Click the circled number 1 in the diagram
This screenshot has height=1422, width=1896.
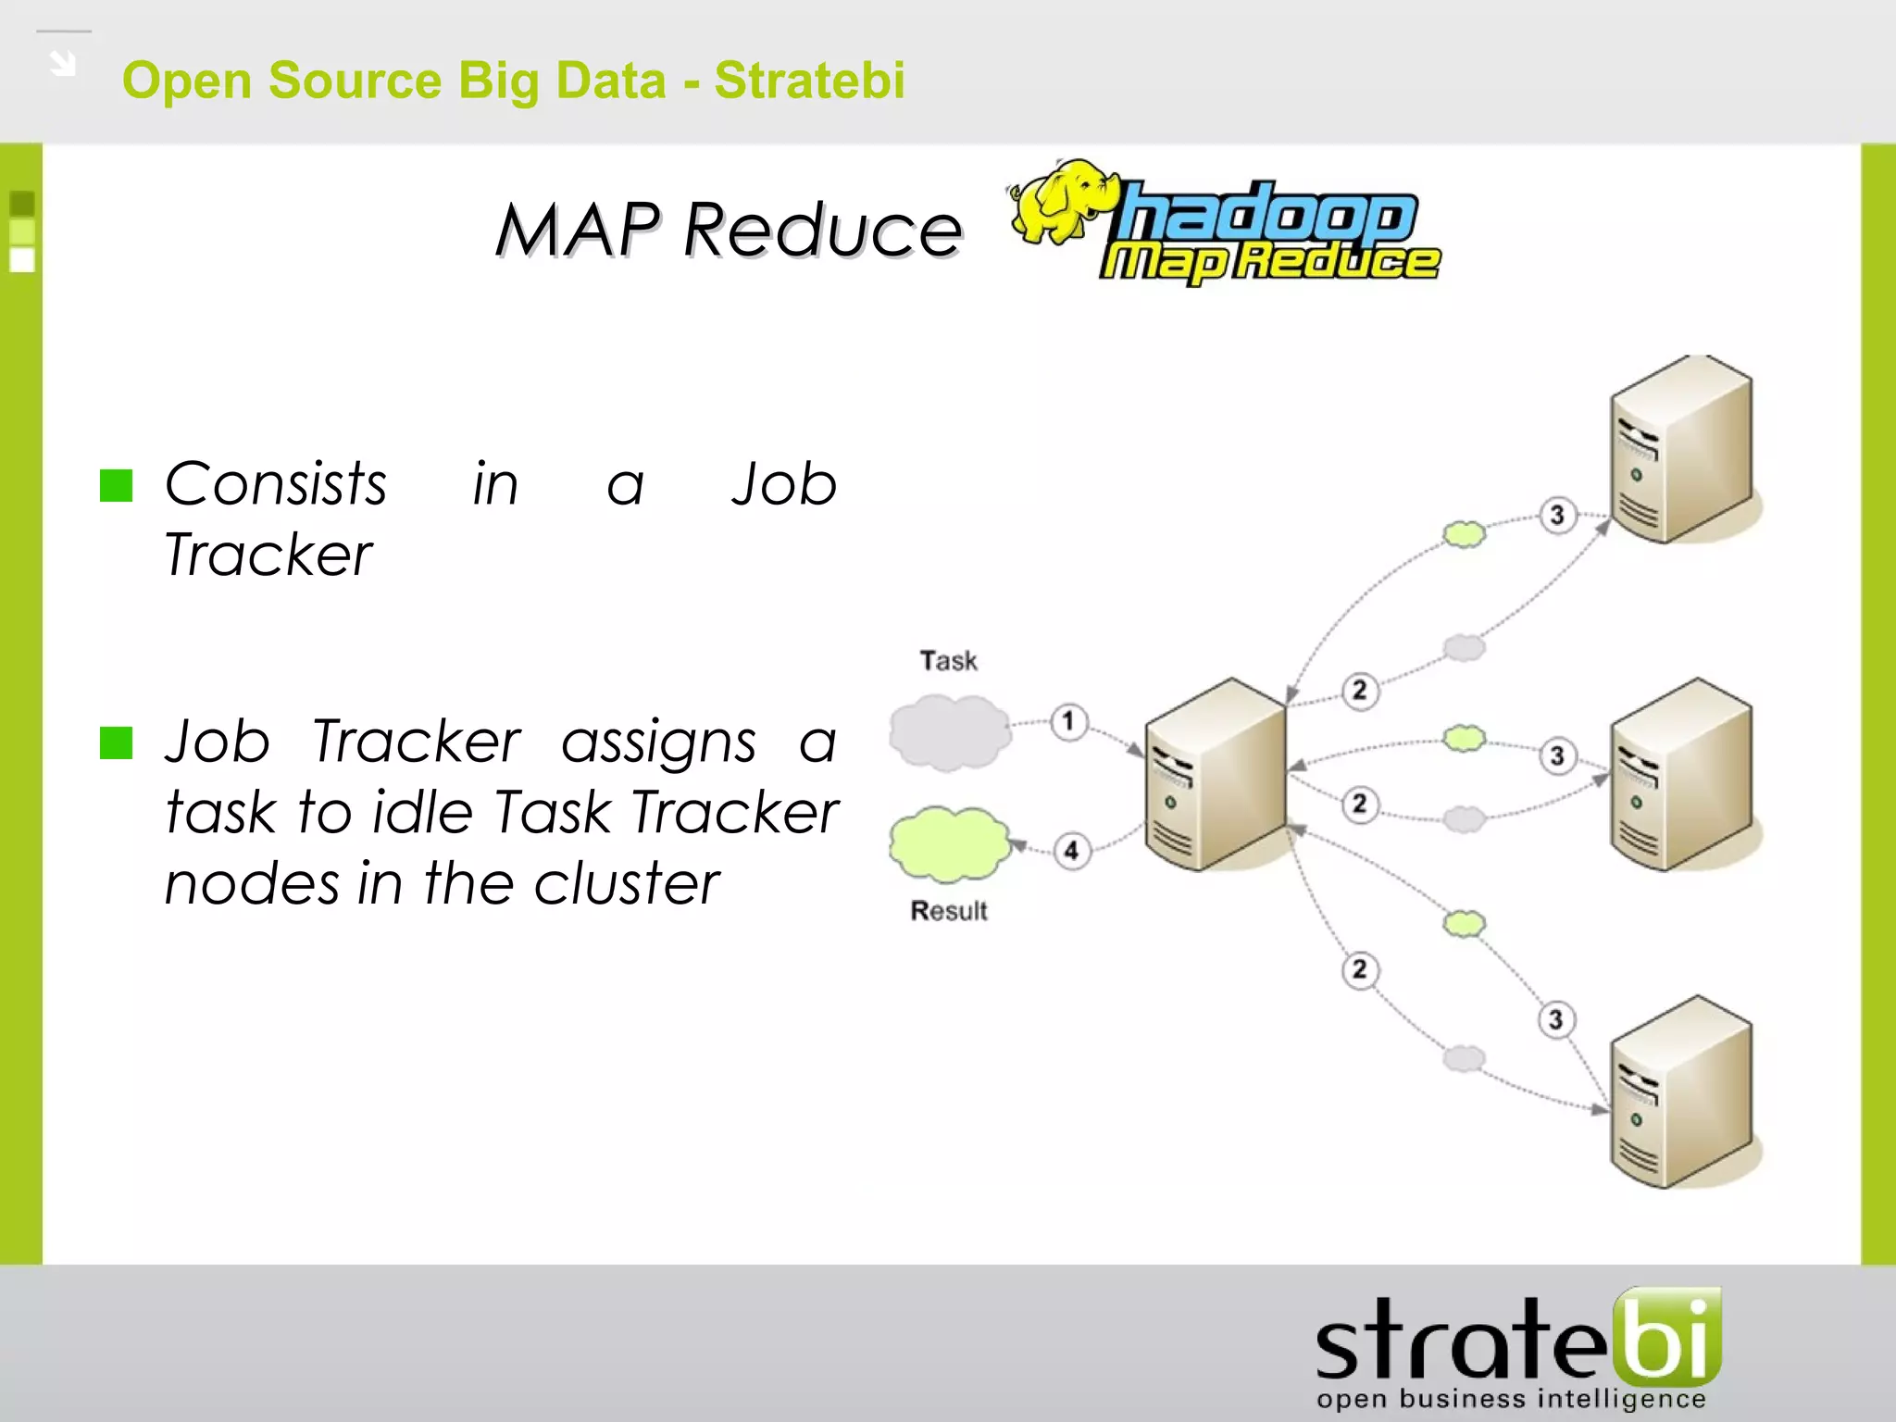(1068, 721)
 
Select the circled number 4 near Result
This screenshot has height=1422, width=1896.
(1071, 850)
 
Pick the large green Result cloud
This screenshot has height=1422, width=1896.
(950, 843)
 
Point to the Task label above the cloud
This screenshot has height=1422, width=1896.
(948, 661)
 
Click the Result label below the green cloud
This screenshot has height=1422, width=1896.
(949, 911)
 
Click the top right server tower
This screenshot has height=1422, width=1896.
(1681, 450)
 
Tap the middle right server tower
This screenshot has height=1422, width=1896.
(1681, 776)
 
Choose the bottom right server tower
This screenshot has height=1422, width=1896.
(1681, 1092)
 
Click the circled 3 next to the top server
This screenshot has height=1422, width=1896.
(1557, 515)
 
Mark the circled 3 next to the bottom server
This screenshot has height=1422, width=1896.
(1556, 1020)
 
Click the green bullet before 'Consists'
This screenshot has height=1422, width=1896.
(117, 485)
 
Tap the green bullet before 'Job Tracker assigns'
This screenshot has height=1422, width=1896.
(117, 742)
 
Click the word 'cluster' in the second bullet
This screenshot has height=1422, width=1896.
(626, 883)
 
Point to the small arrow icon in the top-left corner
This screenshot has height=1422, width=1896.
(63, 64)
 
